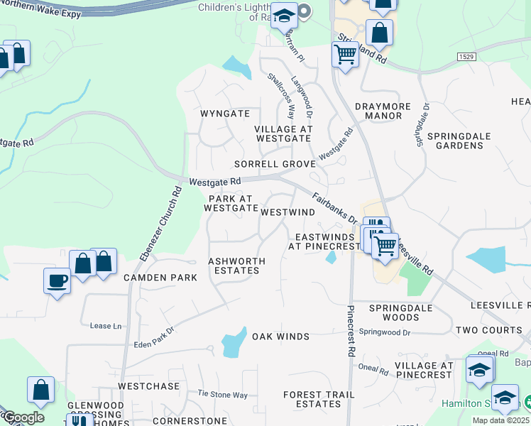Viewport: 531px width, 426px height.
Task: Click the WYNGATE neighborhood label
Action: click(x=225, y=114)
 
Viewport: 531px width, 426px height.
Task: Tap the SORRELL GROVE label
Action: click(x=275, y=164)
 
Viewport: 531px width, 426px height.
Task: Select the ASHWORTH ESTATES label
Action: click(x=236, y=266)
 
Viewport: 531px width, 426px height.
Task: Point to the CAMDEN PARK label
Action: click(x=160, y=278)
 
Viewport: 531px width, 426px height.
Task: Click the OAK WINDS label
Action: click(x=280, y=336)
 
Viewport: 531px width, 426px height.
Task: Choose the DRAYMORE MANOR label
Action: click(x=383, y=111)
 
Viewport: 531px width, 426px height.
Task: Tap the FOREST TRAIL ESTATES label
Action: click(x=318, y=400)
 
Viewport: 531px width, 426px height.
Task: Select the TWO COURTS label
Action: click(x=488, y=331)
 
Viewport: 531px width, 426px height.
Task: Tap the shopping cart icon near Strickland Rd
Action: click(x=345, y=53)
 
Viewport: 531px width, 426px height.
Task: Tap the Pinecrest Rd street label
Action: click(x=351, y=332)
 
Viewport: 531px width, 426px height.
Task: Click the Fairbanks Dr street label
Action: click(x=334, y=210)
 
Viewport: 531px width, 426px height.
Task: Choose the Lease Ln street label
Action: click(x=101, y=326)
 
